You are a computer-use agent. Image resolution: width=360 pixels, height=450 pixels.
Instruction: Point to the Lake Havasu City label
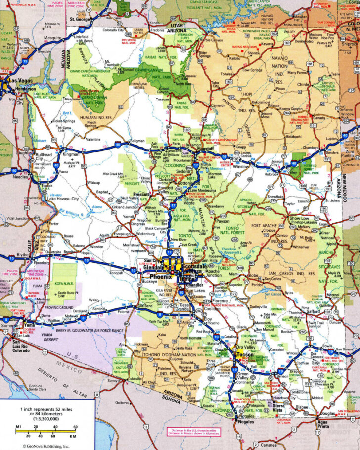63,199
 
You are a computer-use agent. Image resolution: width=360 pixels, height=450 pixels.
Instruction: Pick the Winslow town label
242,166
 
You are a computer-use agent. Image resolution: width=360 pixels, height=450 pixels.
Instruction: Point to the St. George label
80,20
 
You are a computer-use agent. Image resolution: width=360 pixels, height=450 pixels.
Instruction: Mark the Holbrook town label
271,174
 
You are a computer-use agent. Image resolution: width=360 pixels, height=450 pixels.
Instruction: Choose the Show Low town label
299,218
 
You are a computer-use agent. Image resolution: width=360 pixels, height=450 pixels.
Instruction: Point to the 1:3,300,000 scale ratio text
46,419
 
